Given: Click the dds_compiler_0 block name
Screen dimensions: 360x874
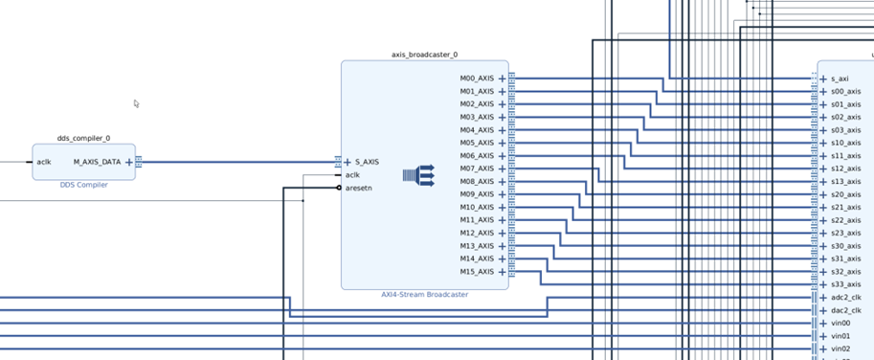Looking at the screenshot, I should (x=83, y=138).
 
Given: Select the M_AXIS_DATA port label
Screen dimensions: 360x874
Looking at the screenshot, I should (x=97, y=162).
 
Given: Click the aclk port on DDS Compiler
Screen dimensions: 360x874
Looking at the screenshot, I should (x=44, y=162).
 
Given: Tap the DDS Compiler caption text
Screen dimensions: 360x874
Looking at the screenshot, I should (x=83, y=185).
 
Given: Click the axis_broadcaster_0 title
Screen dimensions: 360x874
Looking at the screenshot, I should (x=424, y=55).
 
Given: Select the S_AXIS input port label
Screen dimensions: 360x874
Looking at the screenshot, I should (x=362, y=162).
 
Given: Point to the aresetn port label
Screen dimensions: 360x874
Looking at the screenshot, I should (x=359, y=188).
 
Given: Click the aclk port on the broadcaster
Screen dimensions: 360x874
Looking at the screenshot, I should (x=352, y=175).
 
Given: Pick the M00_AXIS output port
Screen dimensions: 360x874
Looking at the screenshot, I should (x=477, y=79).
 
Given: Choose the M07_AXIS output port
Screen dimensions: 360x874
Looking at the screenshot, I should (x=477, y=169).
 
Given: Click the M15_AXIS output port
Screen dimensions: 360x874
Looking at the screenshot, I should (x=477, y=272).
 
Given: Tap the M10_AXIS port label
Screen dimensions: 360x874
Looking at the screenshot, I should (x=477, y=208).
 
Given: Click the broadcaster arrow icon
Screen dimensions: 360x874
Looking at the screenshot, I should (x=418, y=174).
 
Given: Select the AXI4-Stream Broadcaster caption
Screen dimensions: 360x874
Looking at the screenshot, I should (x=424, y=295).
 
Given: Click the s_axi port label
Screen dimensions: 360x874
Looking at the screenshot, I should (x=840, y=79).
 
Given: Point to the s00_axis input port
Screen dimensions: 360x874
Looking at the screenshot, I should (x=845, y=91).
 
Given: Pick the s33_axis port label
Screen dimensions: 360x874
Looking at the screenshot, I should (x=845, y=284).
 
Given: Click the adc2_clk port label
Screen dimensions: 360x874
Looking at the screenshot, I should (x=846, y=298).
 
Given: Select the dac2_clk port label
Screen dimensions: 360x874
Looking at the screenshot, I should (x=846, y=310).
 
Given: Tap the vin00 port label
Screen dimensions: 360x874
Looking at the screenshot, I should (x=840, y=324).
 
